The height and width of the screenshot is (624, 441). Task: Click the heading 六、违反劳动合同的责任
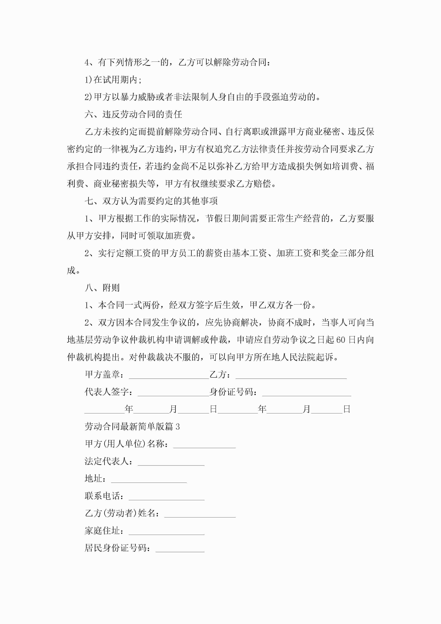tap(133, 114)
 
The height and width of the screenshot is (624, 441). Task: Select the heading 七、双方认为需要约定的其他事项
tap(151, 201)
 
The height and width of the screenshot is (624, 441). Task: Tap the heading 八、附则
tap(102, 288)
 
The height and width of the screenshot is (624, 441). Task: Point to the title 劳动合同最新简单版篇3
tap(132, 427)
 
